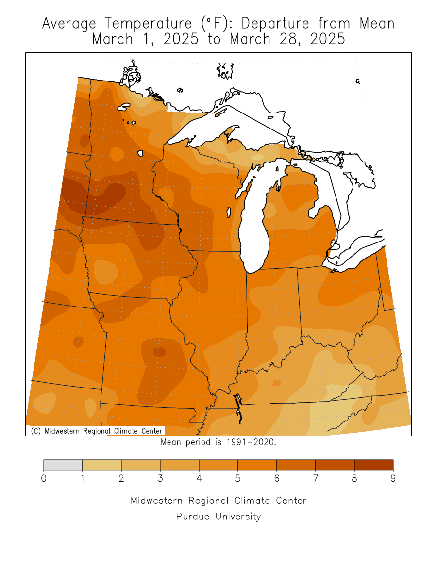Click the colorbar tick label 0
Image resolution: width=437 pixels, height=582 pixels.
[x=44, y=479]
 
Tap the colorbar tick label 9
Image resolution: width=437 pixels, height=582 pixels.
[x=393, y=479]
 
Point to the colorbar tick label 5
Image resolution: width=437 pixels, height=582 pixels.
[x=238, y=479]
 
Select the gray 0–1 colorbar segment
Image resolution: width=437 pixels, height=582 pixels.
[x=63, y=465]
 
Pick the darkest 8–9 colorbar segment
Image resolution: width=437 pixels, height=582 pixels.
[x=373, y=465]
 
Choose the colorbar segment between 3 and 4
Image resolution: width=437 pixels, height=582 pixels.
[x=180, y=465]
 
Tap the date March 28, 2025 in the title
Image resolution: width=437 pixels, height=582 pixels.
[x=287, y=39]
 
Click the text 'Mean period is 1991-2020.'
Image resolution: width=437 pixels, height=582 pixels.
[x=218, y=442]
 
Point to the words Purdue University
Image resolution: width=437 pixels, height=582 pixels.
[x=218, y=517]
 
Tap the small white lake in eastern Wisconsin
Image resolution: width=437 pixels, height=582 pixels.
[x=229, y=212]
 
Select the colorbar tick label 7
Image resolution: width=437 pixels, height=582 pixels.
[x=316, y=479]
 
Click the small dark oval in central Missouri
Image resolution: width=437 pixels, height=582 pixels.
[x=159, y=352]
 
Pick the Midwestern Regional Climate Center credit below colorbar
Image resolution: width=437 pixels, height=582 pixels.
[x=218, y=501]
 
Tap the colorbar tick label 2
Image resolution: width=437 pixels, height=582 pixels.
[x=121, y=479]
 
